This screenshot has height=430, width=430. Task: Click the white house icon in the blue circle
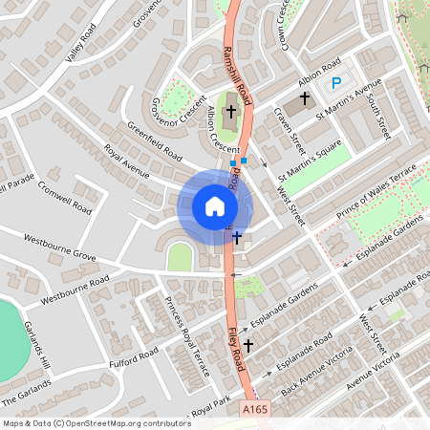tap(215, 206)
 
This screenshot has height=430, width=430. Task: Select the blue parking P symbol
tap(335, 84)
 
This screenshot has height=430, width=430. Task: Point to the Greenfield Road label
tap(155, 140)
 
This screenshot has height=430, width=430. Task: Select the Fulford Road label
tap(133, 356)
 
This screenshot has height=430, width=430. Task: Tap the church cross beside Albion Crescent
tap(230, 113)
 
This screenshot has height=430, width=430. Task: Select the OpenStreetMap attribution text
tap(97, 422)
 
